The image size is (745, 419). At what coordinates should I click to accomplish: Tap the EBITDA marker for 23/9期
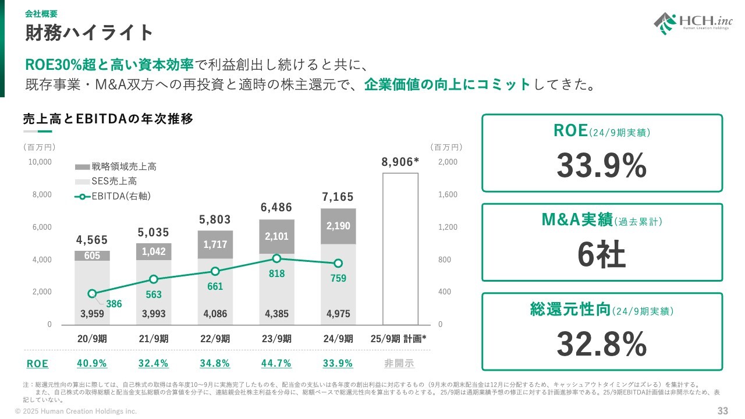tap(276, 258)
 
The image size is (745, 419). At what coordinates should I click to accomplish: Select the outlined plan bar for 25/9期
tap(400, 248)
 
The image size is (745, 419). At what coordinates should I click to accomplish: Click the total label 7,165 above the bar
tap(338, 197)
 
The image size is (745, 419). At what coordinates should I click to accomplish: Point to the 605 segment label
tap(92, 256)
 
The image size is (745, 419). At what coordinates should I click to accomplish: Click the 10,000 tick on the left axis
tap(41, 162)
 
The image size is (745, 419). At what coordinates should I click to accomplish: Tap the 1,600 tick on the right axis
tap(448, 194)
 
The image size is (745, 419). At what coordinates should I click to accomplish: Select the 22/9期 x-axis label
tap(215, 339)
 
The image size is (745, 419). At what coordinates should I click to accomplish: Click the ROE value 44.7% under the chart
tap(276, 364)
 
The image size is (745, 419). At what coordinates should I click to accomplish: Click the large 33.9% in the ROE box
tap(601, 166)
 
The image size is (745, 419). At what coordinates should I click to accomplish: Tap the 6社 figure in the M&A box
tap(601, 255)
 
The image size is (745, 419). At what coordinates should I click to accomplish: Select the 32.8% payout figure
tap(601, 345)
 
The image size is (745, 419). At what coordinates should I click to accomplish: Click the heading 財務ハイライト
tap(89, 33)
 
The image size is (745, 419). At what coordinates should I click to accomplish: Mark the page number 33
tap(722, 411)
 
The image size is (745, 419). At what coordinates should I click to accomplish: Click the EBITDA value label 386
tap(114, 304)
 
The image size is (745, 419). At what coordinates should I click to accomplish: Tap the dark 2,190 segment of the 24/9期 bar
tap(338, 226)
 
